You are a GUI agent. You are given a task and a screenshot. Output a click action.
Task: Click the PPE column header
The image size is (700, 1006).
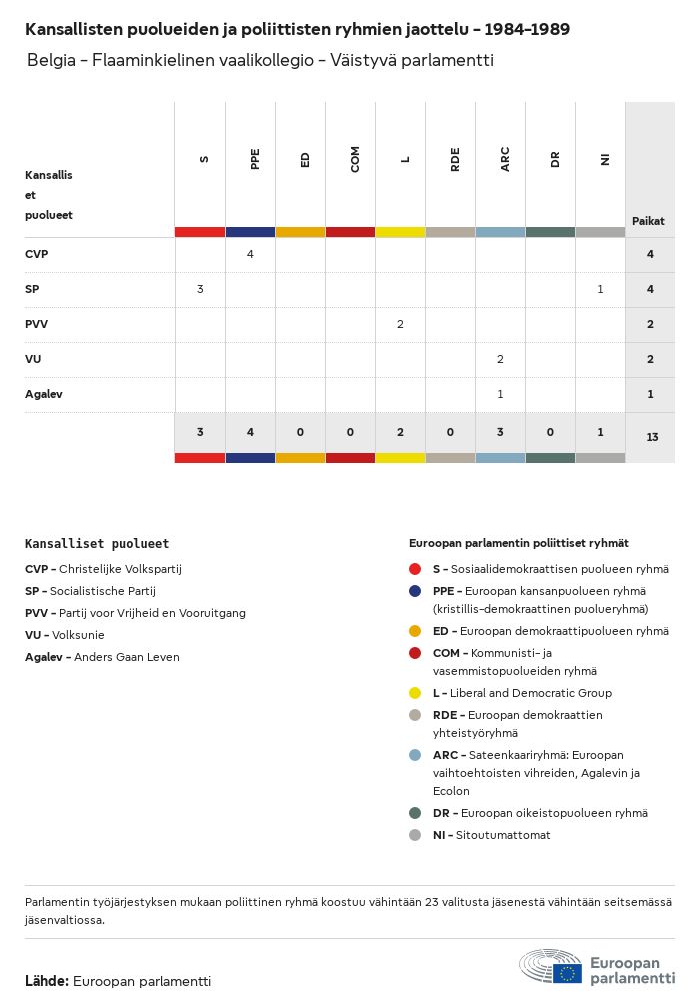click(255, 159)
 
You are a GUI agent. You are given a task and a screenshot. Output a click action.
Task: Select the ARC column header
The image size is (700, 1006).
click(505, 159)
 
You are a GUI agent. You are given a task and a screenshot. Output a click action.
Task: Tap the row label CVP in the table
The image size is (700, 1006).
click(37, 254)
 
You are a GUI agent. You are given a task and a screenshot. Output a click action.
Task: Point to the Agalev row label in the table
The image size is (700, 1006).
click(44, 394)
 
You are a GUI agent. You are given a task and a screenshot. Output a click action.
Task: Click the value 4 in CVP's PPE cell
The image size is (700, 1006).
click(250, 254)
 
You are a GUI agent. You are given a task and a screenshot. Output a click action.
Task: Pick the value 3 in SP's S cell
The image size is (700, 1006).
click(200, 289)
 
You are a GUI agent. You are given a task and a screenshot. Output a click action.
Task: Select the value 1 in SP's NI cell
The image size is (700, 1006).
click(600, 289)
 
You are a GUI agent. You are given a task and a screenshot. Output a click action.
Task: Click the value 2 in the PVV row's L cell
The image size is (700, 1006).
click(400, 324)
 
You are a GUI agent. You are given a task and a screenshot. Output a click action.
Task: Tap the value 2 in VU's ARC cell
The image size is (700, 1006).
click(500, 359)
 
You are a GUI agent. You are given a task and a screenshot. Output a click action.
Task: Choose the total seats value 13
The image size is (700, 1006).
click(652, 437)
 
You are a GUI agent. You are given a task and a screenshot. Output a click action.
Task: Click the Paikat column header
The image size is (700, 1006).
click(648, 221)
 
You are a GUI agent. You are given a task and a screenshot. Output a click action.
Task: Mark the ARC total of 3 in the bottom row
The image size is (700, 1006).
click(500, 432)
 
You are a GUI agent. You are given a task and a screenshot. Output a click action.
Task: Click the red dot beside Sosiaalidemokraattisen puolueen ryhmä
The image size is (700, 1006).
click(415, 569)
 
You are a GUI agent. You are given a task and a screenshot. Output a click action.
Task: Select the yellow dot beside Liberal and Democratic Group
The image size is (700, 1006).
click(415, 693)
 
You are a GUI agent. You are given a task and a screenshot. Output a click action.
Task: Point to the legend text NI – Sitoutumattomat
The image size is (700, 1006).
click(491, 835)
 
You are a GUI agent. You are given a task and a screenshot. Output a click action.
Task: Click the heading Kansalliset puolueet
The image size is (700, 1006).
click(97, 544)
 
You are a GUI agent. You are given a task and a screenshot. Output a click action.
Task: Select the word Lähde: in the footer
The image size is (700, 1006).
click(47, 981)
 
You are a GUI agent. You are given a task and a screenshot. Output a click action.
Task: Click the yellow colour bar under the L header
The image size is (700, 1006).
click(400, 232)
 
